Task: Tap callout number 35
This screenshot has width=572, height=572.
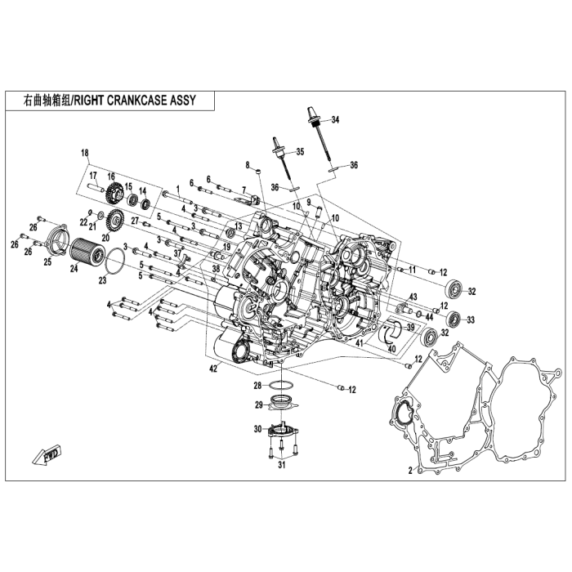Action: coord(300,152)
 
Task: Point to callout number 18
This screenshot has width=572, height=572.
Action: coord(83,153)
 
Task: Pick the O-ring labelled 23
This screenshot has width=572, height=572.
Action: coord(114,263)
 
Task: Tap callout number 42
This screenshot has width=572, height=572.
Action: coord(214,369)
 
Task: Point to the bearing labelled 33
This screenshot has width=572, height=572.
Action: coord(450,320)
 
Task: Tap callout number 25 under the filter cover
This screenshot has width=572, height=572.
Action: coord(47,261)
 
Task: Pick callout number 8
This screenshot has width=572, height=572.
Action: coord(247,165)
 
